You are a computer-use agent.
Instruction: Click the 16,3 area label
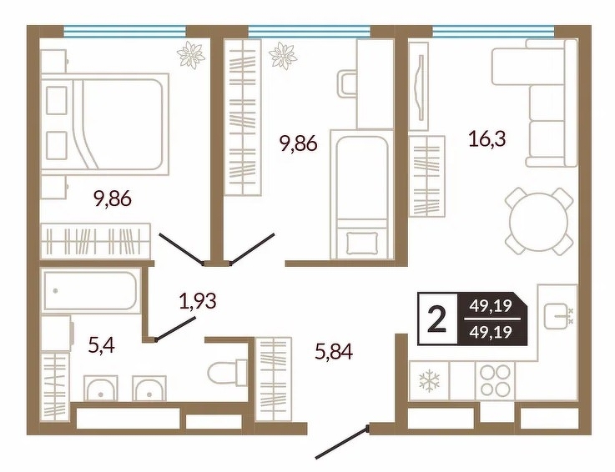tap(487, 139)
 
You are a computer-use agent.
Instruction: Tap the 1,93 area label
tap(198, 302)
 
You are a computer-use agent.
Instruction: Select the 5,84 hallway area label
tap(334, 351)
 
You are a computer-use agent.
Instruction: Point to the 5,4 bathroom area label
tap(102, 345)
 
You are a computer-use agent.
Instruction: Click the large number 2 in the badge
tap(437, 319)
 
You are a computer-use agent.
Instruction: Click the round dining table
tap(539, 221)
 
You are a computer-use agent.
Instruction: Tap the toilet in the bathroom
tap(228, 373)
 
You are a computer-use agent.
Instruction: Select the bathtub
tap(90, 291)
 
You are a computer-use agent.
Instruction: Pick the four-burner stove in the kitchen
tap(496, 380)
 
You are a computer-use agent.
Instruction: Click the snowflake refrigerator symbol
tap(429, 380)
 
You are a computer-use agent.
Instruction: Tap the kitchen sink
tap(557, 316)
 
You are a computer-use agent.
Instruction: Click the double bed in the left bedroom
tap(105, 124)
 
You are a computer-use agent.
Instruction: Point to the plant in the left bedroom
tap(191, 55)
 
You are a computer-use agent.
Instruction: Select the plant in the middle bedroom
tap(283, 55)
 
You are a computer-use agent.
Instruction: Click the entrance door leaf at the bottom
tap(341, 443)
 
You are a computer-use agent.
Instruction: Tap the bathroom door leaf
tap(175, 329)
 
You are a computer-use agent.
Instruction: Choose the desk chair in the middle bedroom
tap(347, 83)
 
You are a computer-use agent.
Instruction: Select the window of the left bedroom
tap(124, 32)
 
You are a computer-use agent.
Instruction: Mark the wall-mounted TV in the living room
tap(421, 87)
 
